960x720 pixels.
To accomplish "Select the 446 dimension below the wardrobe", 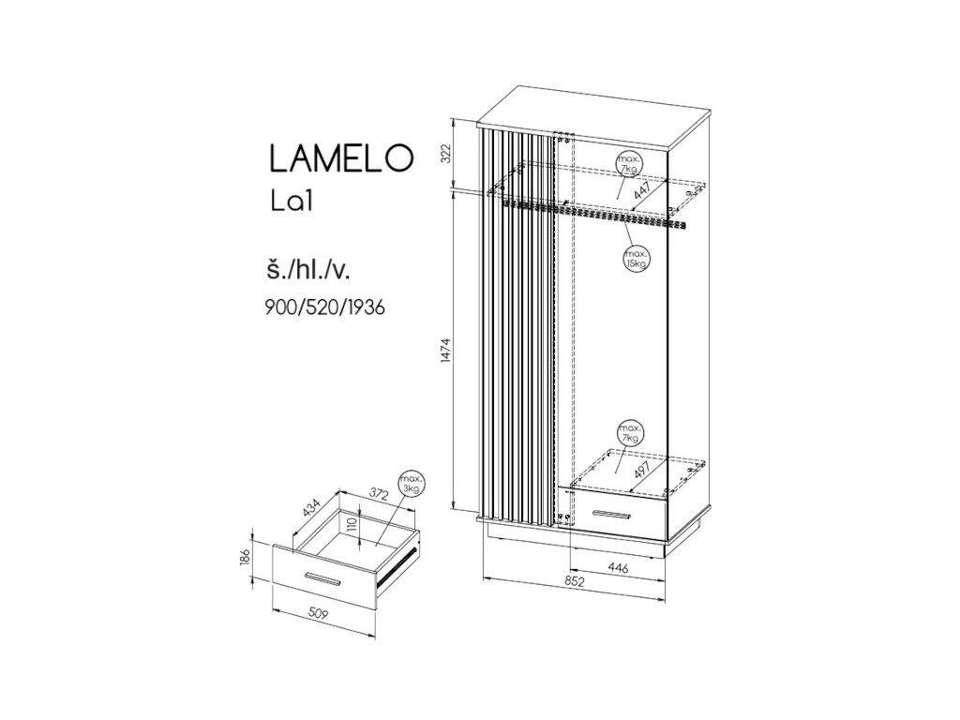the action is (616, 567).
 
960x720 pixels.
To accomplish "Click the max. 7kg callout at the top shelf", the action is (628, 166).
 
